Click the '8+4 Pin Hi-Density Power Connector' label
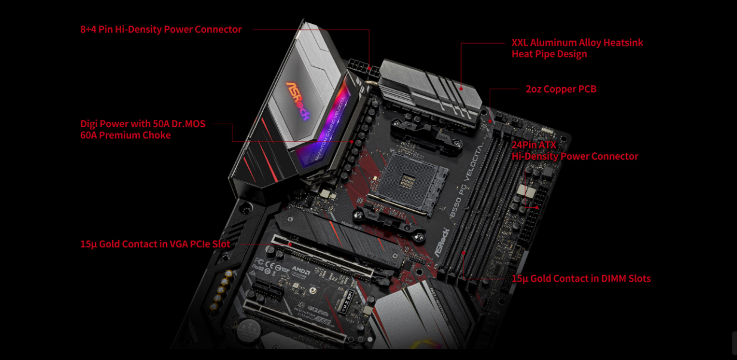coord(161,29)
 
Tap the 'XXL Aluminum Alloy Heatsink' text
coord(577,43)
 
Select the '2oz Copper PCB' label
coord(560,89)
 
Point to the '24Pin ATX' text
coord(533,145)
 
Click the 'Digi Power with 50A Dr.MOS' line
coord(142,124)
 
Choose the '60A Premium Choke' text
coord(125,136)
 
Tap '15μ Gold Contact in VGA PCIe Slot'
coord(155,244)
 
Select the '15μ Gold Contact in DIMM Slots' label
coord(581,279)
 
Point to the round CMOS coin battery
coord(248,327)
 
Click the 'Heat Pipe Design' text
coord(549,54)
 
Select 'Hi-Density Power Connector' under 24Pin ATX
coord(575,156)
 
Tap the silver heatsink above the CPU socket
coord(430,90)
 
